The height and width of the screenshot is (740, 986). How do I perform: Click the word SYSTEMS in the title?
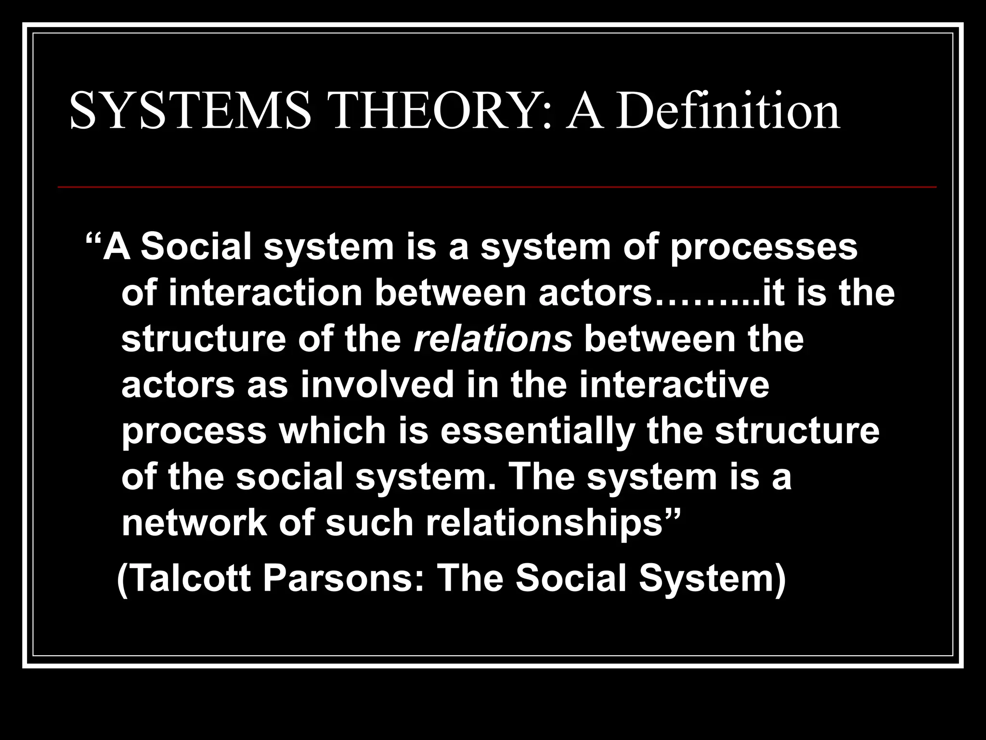[191, 112]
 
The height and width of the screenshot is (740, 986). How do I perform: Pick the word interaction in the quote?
[265, 293]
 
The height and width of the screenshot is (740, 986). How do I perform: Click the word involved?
[377, 385]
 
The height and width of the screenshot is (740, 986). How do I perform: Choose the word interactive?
[674, 385]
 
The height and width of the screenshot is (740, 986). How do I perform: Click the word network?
[194, 523]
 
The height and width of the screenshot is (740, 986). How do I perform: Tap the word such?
[369, 523]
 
